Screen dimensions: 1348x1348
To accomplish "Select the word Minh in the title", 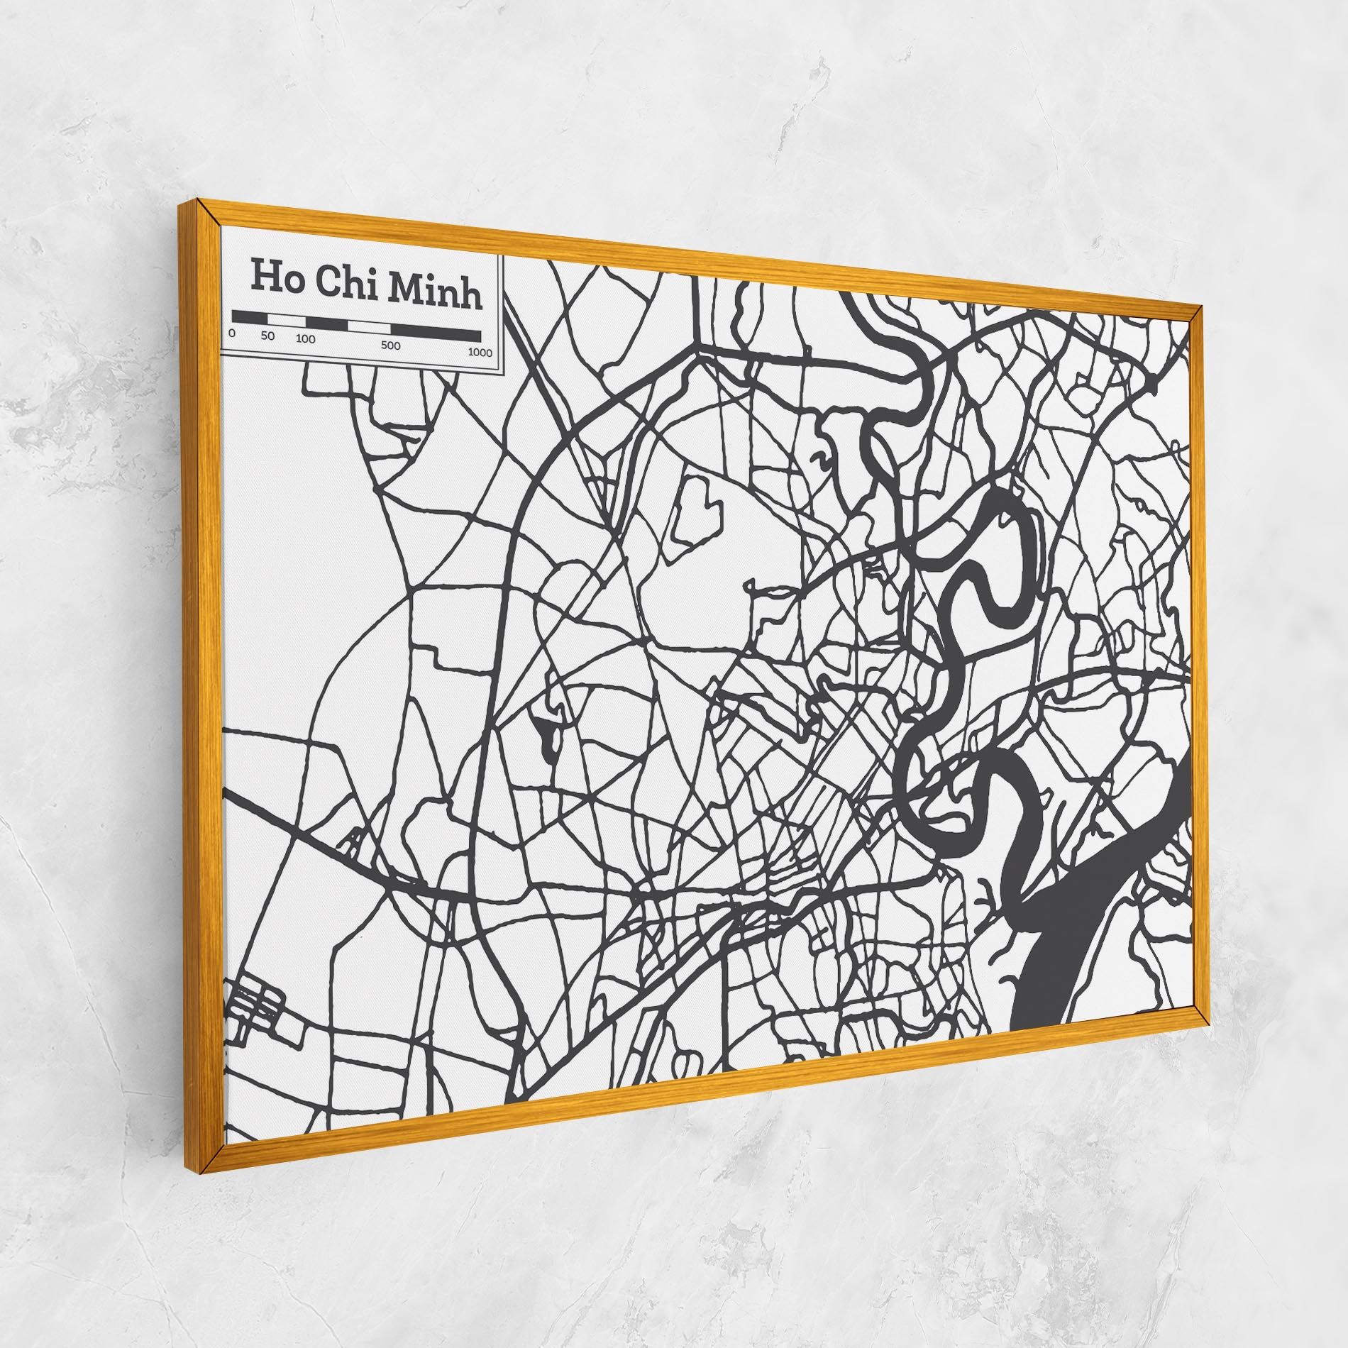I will pos(434,289).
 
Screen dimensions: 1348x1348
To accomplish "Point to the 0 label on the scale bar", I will pos(232,333).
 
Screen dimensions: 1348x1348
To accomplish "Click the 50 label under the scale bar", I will pos(267,336).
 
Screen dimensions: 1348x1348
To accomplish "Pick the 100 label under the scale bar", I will pos(305,339).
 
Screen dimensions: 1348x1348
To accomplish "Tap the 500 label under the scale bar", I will pos(390,346).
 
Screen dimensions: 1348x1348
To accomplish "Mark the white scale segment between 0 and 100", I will pos(282,320).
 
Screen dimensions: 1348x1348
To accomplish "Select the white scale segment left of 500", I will pos(368,327).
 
